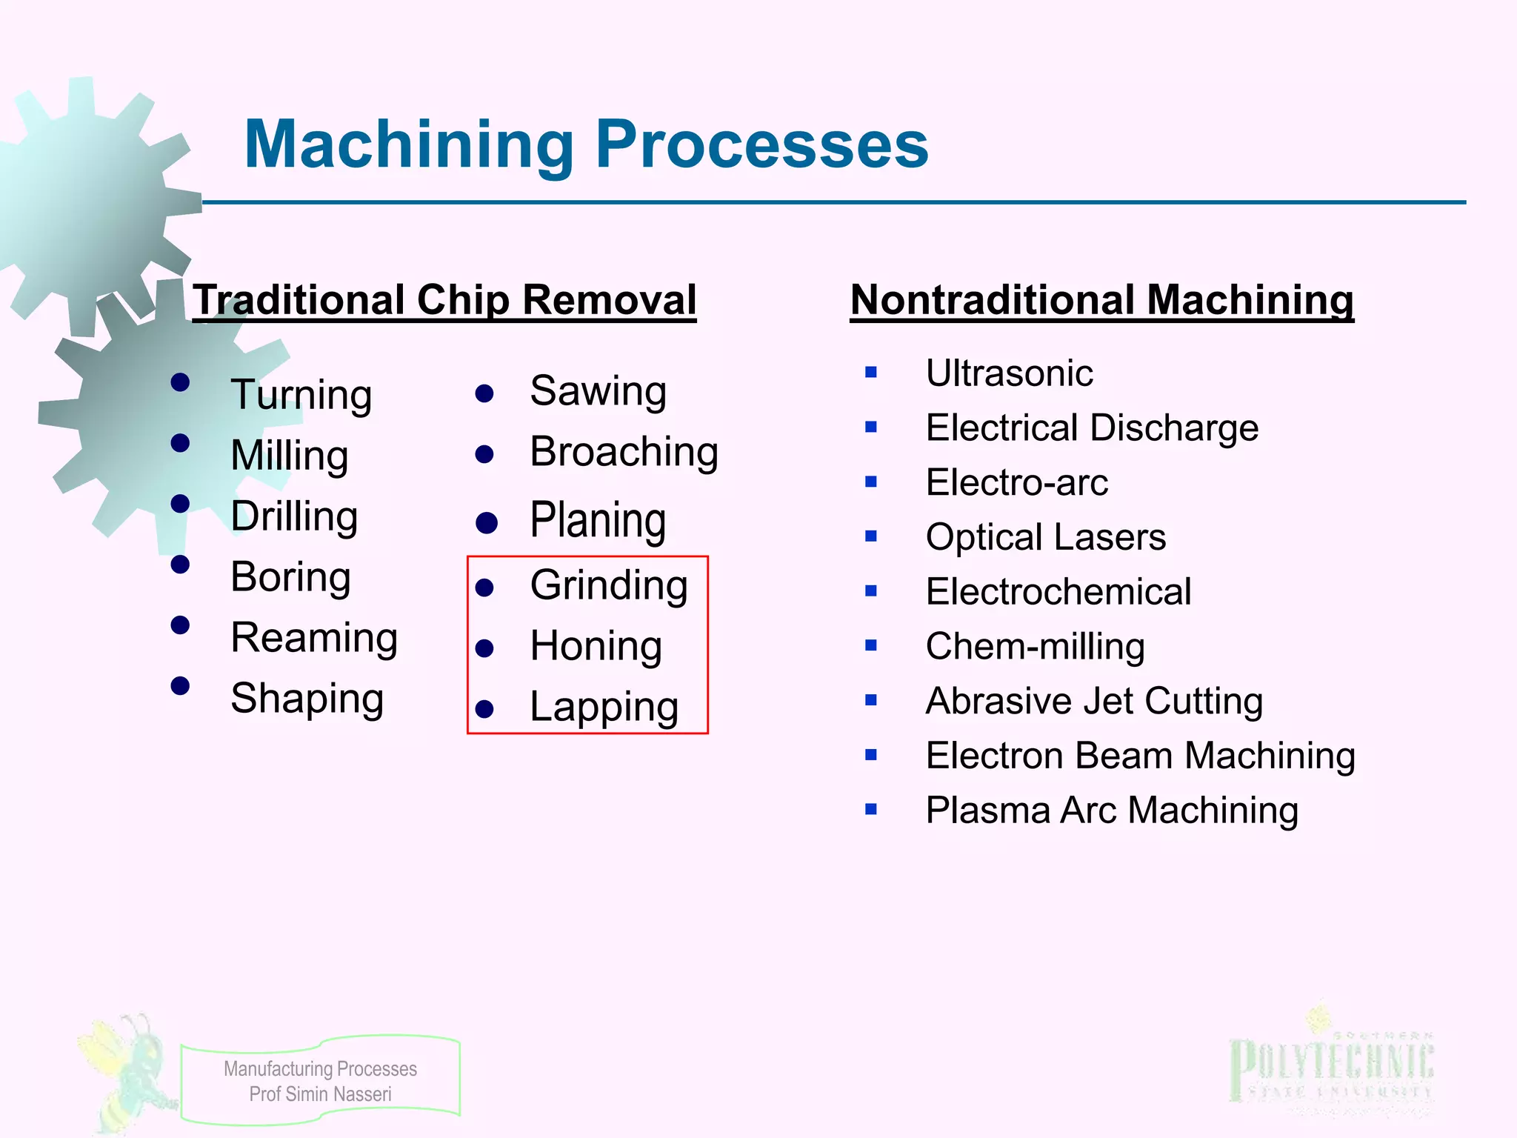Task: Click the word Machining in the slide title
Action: coord(409,144)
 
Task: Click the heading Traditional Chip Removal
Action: coord(444,300)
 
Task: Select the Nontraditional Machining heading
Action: coord(1101,300)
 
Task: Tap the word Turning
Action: coord(301,394)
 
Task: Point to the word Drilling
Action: coord(294,516)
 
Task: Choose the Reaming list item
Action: coord(314,637)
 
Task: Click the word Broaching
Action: coord(624,452)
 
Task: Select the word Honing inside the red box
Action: coord(596,646)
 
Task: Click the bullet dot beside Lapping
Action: coord(484,710)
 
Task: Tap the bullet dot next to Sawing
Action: coord(484,393)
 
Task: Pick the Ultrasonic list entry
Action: coord(1009,373)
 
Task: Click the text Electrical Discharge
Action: coord(1092,427)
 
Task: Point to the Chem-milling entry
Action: coord(1035,646)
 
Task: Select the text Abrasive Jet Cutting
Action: coord(1094,701)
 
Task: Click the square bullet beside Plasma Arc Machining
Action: coord(871,810)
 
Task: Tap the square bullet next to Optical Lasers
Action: coord(871,536)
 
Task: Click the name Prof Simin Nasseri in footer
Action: coord(320,1094)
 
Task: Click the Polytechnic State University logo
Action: coord(1331,1067)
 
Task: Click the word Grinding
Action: coord(609,585)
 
